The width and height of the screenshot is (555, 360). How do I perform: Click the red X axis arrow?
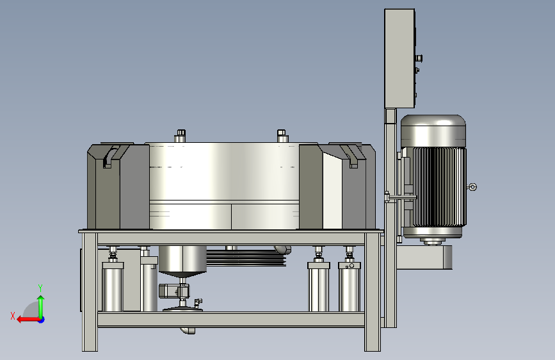29,320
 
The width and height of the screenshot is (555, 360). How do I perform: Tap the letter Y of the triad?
40,288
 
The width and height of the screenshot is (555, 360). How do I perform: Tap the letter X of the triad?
13,316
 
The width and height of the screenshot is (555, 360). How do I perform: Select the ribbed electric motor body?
439,187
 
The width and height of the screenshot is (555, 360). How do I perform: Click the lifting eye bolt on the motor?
472,187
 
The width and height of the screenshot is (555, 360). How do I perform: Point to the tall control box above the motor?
399,58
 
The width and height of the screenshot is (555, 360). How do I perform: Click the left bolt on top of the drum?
180,136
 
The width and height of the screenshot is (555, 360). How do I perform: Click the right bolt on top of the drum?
282,136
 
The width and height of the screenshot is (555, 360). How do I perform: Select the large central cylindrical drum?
224,186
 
